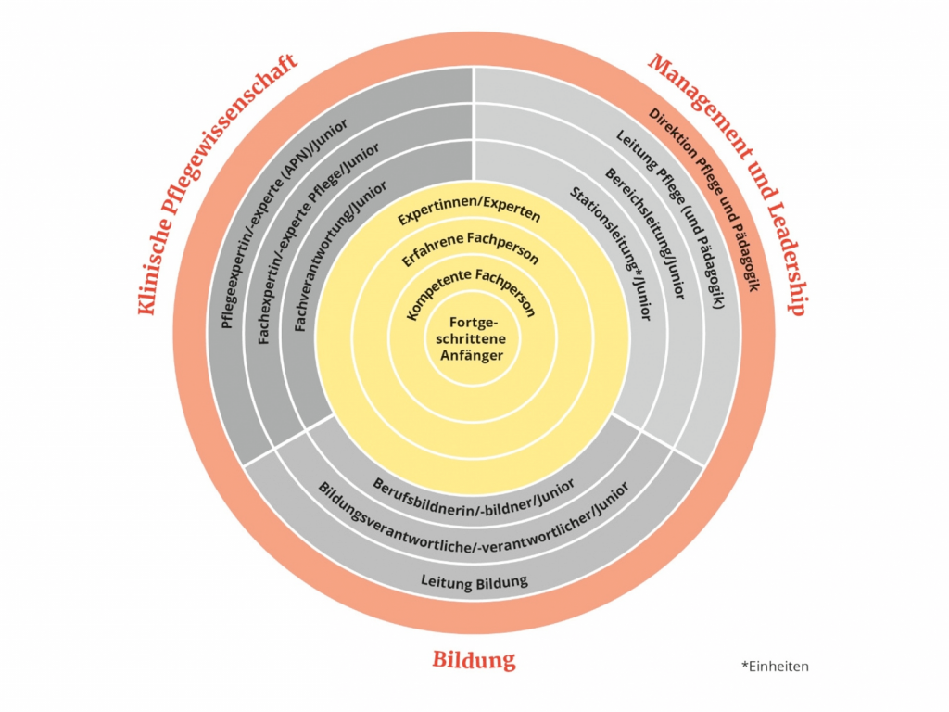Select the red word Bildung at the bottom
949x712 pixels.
pos(474,660)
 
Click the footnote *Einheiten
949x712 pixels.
pos(775,666)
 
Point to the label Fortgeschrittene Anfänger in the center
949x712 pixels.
pos(476,338)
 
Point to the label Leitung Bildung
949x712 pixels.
pos(474,581)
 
